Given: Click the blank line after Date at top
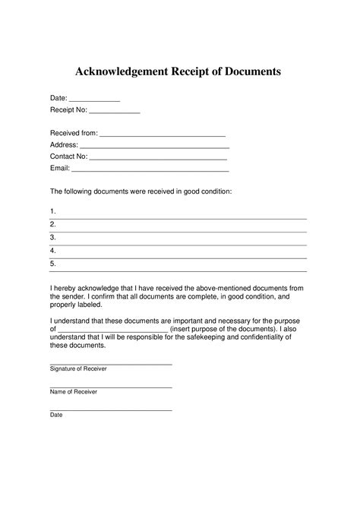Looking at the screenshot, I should pyautogui.click(x=95, y=100).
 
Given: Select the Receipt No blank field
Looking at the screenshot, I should pyautogui.click(x=115, y=112).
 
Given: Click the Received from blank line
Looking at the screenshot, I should pyautogui.click(x=163, y=134).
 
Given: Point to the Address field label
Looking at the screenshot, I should pyautogui.click(x=64, y=145).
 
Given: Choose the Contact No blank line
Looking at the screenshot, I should pyautogui.click(x=159, y=156).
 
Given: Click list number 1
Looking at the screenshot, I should pyautogui.click(x=53, y=210).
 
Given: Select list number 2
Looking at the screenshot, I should pyautogui.click(x=53, y=224).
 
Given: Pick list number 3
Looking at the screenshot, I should pyautogui.click(x=53, y=237).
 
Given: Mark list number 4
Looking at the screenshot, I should pyautogui.click(x=53, y=250).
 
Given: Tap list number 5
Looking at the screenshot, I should pyautogui.click(x=53, y=263).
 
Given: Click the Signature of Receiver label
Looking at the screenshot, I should pyautogui.click(x=78, y=368).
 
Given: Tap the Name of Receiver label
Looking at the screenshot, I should pyautogui.click(x=74, y=392).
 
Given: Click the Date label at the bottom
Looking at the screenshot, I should pyautogui.click(x=56, y=416).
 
